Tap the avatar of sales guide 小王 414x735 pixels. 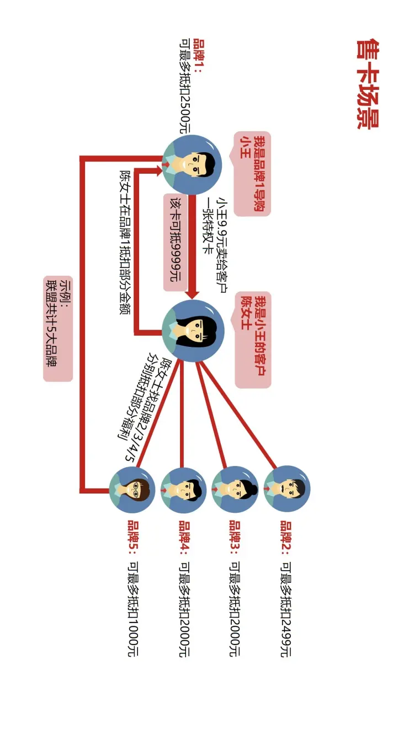coord(192,164)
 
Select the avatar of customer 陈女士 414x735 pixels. coord(193,330)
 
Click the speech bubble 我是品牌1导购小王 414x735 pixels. coord(252,173)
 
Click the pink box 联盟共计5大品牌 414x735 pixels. coord(58,329)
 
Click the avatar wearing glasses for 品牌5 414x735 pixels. coord(132,490)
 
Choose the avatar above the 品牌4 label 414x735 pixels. coord(183,490)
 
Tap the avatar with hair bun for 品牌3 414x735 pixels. coord(235,490)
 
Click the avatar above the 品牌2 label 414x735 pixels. coord(286,490)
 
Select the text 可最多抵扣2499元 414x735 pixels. coord(286,610)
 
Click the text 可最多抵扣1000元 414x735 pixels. coord(132,610)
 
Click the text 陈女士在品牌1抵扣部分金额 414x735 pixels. coord(125,235)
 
